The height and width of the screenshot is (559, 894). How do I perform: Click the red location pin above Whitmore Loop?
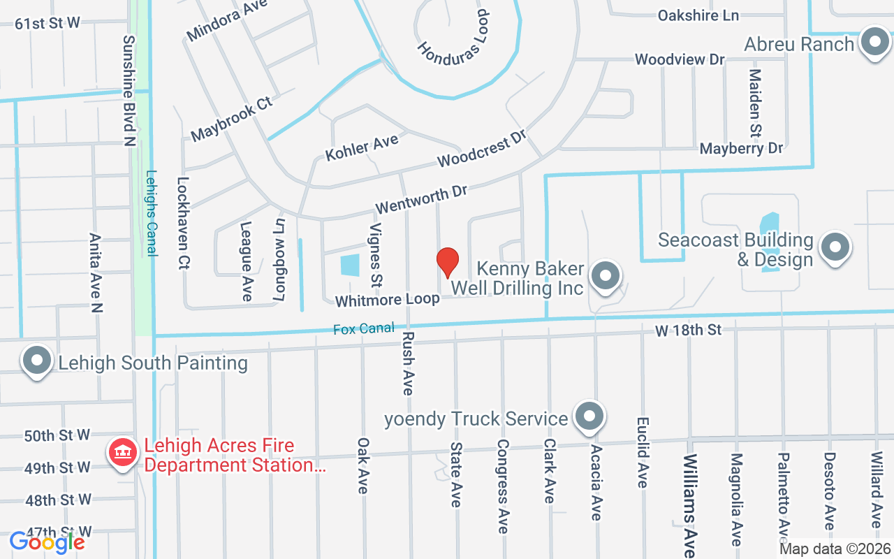[x=447, y=261]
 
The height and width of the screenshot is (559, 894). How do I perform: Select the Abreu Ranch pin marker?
[x=873, y=43]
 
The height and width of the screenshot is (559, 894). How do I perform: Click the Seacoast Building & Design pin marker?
[x=835, y=247]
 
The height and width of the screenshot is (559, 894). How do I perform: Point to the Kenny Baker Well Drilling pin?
[x=605, y=277]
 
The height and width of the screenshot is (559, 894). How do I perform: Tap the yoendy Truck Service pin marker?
[x=589, y=417]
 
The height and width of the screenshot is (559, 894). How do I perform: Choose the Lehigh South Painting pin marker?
[x=38, y=362]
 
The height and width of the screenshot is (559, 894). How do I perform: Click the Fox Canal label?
[x=363, y=328]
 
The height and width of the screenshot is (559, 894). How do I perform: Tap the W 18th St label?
[x=687, y=330]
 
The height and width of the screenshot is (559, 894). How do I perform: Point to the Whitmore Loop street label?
[x=387, y=300]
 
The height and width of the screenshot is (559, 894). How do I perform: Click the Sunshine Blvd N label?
[x=129, y=91]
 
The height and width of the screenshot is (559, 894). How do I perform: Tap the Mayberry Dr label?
[x=741, y=148]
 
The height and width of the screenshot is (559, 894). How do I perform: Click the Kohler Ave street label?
[x=362, y=147]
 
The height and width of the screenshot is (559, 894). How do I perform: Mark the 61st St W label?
[x=47, y=23]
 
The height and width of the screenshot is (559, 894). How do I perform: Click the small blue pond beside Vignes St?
[x=349, y=266]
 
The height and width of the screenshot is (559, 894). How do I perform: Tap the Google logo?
[x=47, y=542]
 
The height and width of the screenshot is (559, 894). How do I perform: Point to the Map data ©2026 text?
[x=835, y=549]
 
